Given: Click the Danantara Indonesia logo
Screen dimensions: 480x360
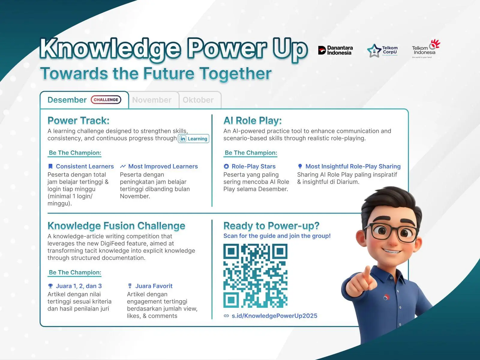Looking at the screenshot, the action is [x=335, y=50].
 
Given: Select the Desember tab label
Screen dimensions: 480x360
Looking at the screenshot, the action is [x=67, y=100].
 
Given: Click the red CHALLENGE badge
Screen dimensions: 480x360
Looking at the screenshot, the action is [x=106, y=100].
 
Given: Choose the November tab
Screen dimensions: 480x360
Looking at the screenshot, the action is [x=152, y=100].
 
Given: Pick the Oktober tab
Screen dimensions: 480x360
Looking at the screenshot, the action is [x=198, y=100].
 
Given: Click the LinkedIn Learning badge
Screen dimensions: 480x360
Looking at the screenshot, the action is [x=193, y=139].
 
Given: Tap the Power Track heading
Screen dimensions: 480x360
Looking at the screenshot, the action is [x=79, y=120].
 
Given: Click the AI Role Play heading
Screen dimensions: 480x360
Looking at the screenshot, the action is [x=253, y=120].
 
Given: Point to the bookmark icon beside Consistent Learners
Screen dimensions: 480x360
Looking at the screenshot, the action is [x=50, y=166].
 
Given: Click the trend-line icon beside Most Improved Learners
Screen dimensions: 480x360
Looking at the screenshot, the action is [x=123, y=166].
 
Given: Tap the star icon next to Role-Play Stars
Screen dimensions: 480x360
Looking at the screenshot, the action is [x=226, y=166].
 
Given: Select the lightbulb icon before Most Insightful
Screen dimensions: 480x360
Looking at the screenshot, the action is [x=300, y=166].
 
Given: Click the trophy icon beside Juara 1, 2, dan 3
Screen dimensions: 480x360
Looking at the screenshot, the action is [x=50, y=286].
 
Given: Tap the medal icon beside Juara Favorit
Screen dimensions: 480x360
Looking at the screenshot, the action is [x=130, y=286].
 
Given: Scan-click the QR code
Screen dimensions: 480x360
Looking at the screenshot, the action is [x=255, y=276].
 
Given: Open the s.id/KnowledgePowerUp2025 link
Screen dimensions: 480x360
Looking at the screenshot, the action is [x=274, y=316].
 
